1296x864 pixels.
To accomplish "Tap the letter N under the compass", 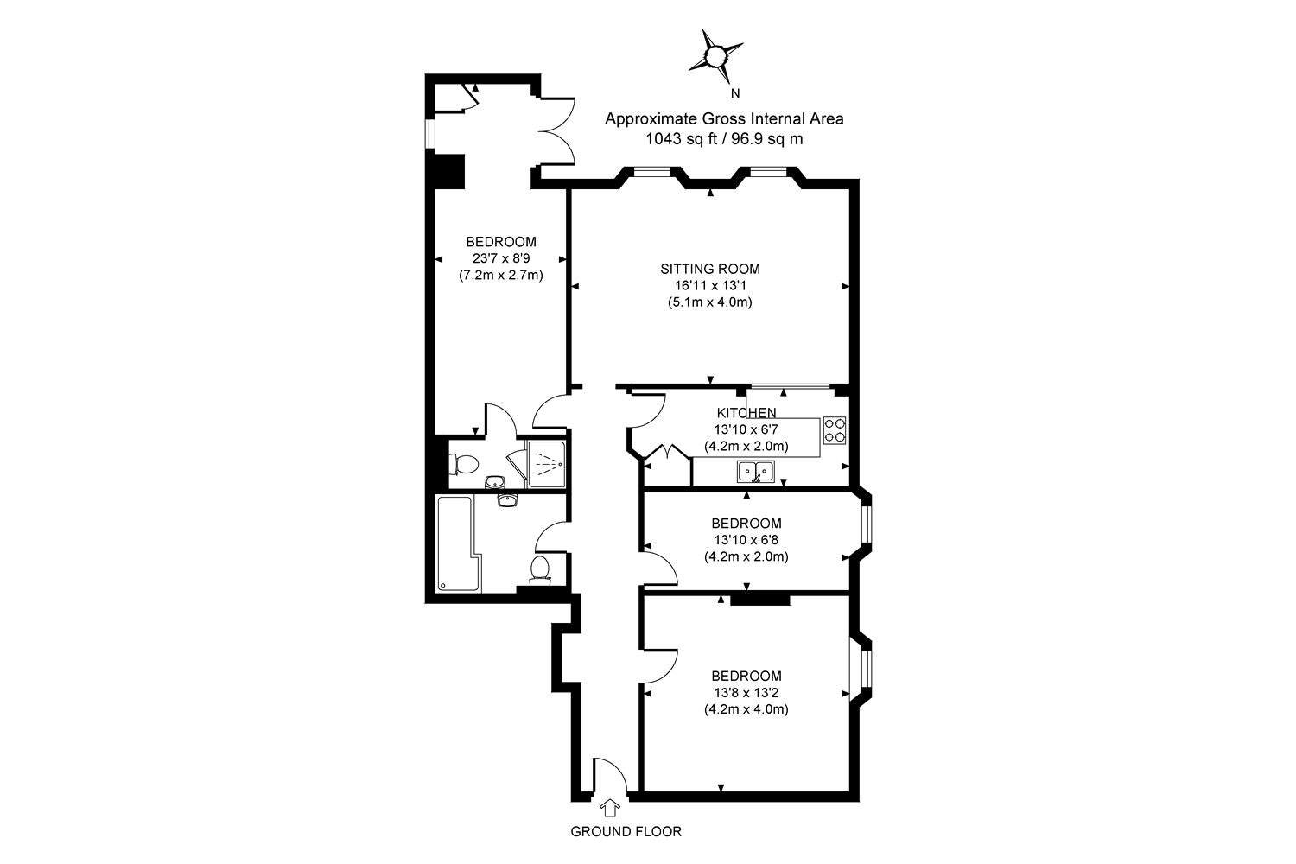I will pos(735,93).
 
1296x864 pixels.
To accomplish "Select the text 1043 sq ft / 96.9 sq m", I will pos(724,138).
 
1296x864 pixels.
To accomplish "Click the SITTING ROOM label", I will pos(710,269).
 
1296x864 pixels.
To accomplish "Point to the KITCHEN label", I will pos(746,413).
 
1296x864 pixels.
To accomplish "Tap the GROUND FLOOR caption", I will pos(626,832).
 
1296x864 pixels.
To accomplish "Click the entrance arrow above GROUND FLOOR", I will pos(610,807).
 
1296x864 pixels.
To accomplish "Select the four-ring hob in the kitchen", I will pos(835,429).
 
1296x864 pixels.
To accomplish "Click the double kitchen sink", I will pos(756,472).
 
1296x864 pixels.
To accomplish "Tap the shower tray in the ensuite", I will pos(545,464).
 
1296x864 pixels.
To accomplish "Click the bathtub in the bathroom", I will pos(454,543).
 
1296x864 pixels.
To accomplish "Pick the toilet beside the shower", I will pos(464,465).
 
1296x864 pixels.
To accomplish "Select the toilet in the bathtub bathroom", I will pos(540,569).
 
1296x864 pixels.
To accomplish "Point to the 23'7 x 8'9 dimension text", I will pos(501,258).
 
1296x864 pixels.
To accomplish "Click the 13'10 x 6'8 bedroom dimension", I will pos(746,540).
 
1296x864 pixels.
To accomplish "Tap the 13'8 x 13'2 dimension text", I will pos(746,693).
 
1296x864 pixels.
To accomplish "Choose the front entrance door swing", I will pos(608,773).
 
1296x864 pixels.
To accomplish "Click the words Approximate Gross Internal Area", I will pos(724,118).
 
